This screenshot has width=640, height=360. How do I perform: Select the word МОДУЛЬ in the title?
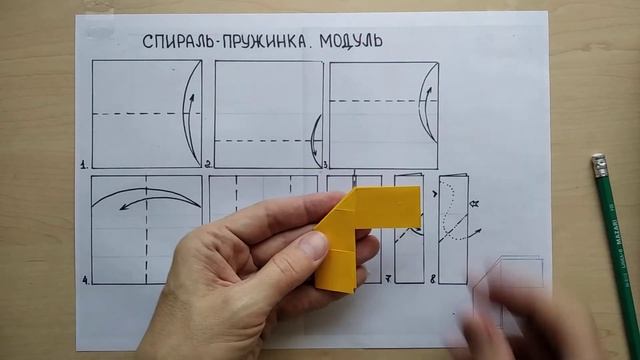coord(349,41)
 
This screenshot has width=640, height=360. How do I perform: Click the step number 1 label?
coord(85,163)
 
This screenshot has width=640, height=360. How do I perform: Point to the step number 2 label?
coord(208,163)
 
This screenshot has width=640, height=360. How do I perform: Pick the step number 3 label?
coord(324,163)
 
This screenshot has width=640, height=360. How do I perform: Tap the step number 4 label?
coord(85,280)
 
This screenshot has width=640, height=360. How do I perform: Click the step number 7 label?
coord(388,279)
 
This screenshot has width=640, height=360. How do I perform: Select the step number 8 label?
coord(433,279)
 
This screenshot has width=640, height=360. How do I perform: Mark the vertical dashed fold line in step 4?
coord(146,240)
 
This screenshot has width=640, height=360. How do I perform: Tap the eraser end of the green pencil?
coord(599,161)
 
